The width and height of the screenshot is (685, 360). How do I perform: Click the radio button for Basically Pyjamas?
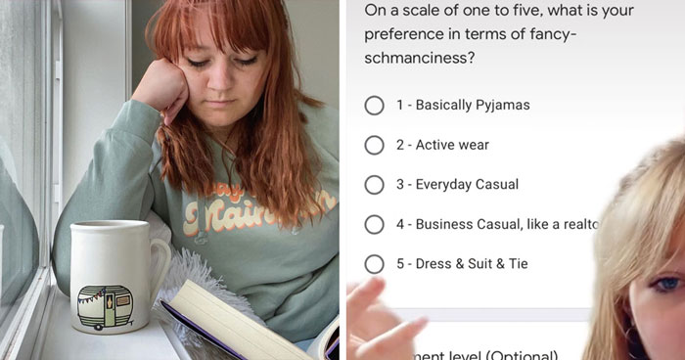point(374,105)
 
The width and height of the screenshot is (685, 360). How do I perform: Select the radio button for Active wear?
point(374,145)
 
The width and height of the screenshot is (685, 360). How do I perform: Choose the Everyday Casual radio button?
point(374,185)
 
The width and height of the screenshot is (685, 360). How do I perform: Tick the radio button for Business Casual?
point(374,224)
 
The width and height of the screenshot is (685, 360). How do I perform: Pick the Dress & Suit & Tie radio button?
point(374,264)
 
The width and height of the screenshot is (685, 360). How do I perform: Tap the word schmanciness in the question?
point(412,59)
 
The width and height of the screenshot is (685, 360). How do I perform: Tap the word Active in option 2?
point(435,145)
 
